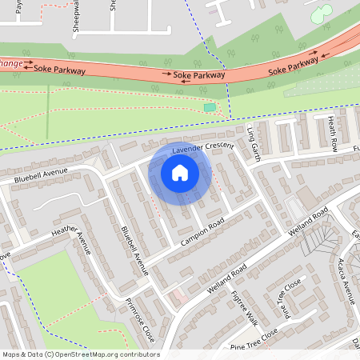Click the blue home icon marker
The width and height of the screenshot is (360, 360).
[180, 173]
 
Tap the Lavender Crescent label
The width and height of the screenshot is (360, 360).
[202, 148]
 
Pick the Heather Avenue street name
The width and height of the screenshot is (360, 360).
[73, 239]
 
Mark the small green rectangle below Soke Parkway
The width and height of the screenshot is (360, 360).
[210, 107]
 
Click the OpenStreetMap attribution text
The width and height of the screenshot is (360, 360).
[81, 354]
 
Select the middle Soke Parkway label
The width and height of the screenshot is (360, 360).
[199, 75]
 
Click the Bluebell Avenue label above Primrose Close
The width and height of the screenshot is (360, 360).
[134, 250]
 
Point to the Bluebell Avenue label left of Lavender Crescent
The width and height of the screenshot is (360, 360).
[42, 175]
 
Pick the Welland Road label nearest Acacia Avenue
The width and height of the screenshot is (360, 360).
[310, 226]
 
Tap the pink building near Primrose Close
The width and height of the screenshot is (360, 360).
[179, 297]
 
